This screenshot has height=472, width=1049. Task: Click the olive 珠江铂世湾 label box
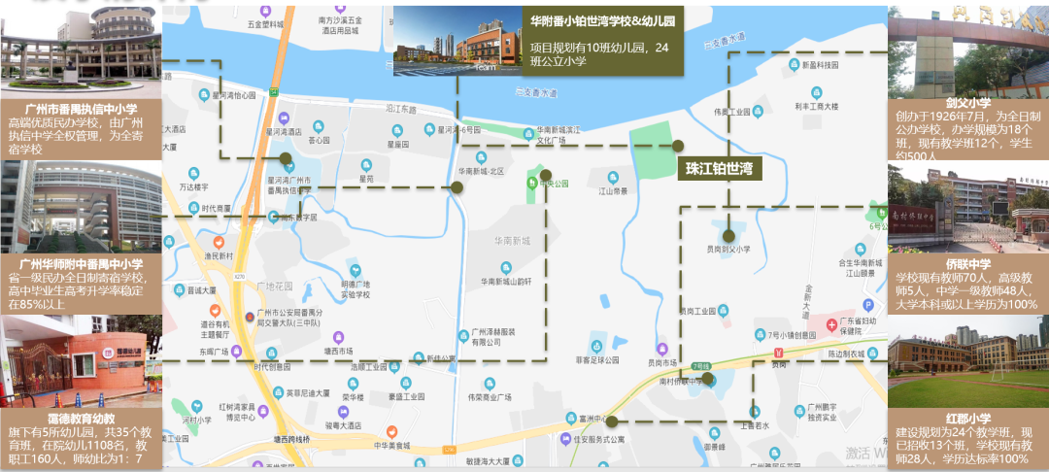(720, 168)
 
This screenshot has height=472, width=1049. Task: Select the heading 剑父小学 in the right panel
(967, 103)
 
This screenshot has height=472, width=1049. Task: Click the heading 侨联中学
(967, 263)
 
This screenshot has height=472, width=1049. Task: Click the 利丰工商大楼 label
(815, 106)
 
